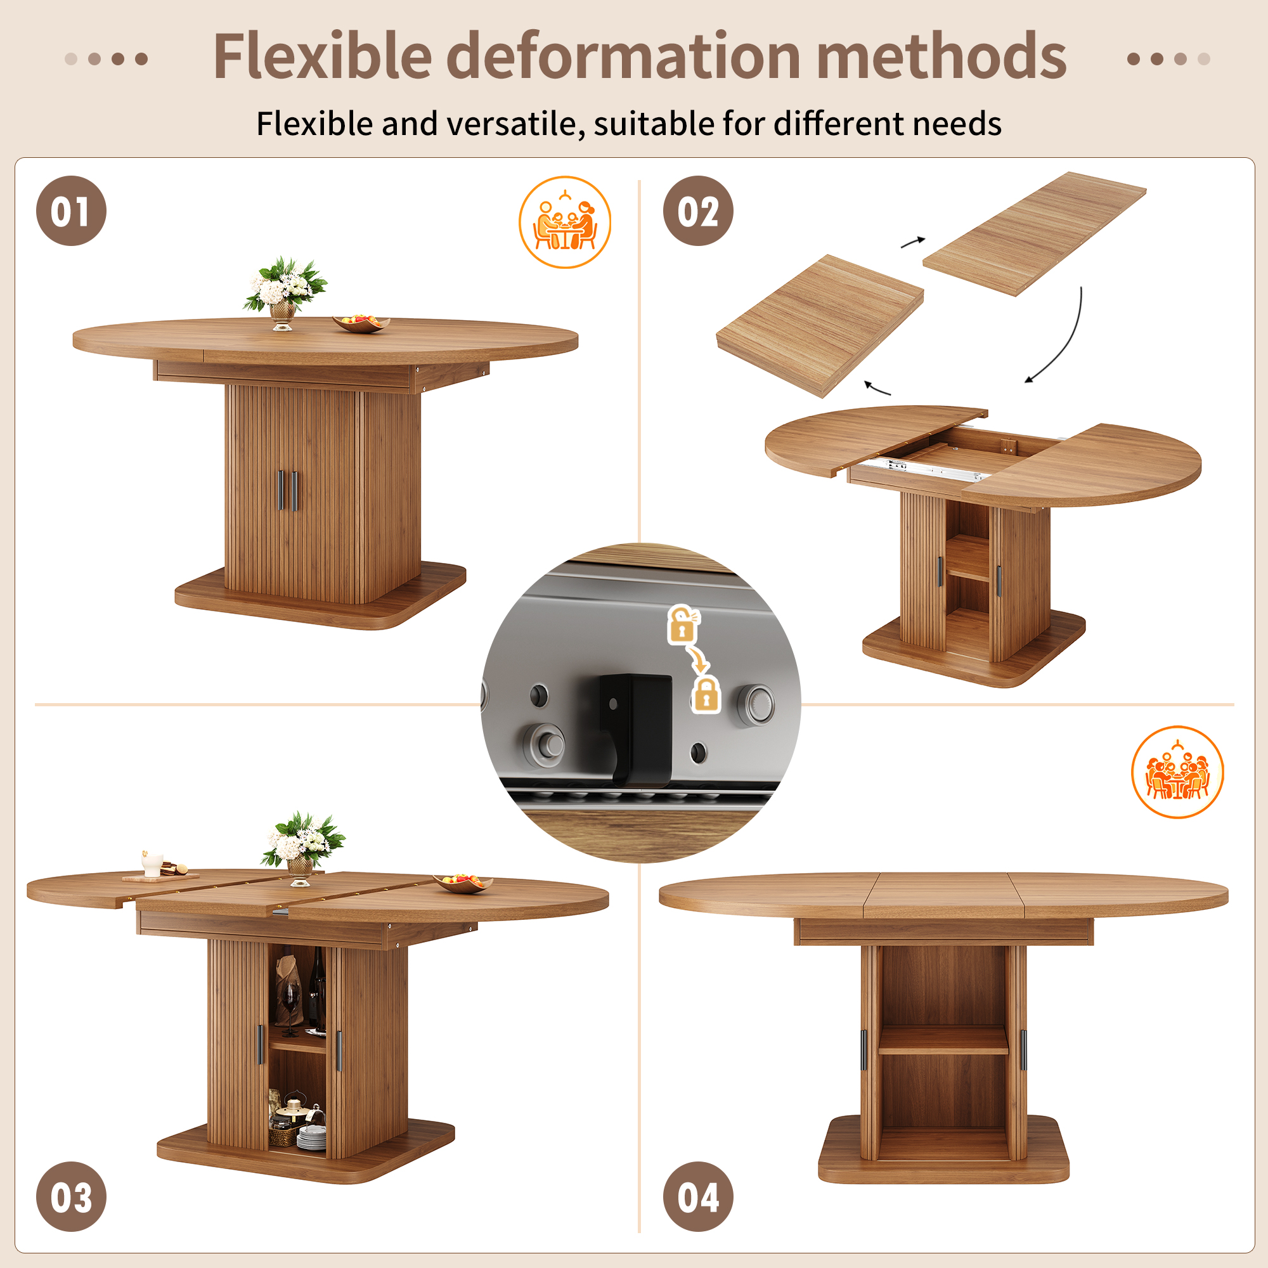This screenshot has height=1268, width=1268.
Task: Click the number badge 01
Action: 71,210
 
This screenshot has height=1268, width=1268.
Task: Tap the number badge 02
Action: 697,210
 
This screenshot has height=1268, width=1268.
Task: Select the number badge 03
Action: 71,1196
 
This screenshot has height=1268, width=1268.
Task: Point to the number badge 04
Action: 697,1196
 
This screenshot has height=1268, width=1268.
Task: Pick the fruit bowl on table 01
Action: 361,323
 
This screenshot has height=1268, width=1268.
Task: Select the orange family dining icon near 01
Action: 564,222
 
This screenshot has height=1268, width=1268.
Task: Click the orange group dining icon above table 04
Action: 1177,772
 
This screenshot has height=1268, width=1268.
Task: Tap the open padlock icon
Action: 683,623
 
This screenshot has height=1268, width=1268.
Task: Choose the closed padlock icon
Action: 706,695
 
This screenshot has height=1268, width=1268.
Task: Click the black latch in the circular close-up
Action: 635,728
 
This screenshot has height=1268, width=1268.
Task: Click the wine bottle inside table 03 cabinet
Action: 318,988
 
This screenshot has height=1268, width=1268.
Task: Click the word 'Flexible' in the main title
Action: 322,56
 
